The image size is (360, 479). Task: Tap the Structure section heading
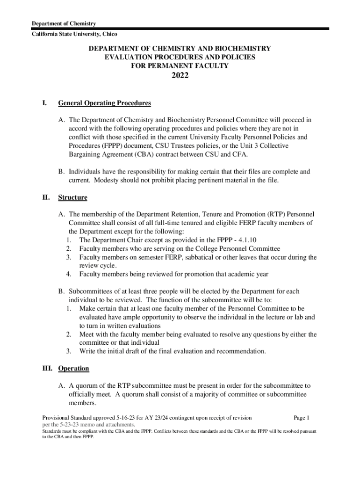[72, 197]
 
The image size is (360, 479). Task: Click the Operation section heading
[73, 369]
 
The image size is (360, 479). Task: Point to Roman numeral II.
[46, 197]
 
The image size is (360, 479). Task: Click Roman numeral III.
[47, 369]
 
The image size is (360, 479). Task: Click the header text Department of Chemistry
[64, 24]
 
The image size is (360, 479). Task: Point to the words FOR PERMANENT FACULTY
[180, 66]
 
